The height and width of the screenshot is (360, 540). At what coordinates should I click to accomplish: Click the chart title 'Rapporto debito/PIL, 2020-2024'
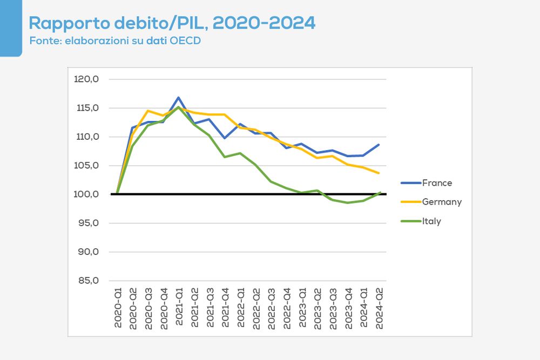click(172, 23)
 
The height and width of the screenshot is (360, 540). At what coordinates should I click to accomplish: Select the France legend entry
click(437, 183)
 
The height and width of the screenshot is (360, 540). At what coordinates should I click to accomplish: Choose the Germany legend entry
click(442, 202)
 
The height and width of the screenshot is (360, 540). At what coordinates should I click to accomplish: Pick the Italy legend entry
click(431, 221)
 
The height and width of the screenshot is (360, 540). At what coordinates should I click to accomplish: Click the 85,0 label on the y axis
click(88, 281)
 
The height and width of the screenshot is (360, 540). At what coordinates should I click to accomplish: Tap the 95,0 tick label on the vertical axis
click(88, 223)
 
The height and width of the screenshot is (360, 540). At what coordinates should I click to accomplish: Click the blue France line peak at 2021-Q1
click(179, 98)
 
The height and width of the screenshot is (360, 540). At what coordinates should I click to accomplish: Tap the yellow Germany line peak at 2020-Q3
click(148, 111)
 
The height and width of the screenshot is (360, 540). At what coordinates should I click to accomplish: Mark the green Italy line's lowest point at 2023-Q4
click(348, 203)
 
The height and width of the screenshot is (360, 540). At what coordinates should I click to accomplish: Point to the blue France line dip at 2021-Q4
click(225, 138)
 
